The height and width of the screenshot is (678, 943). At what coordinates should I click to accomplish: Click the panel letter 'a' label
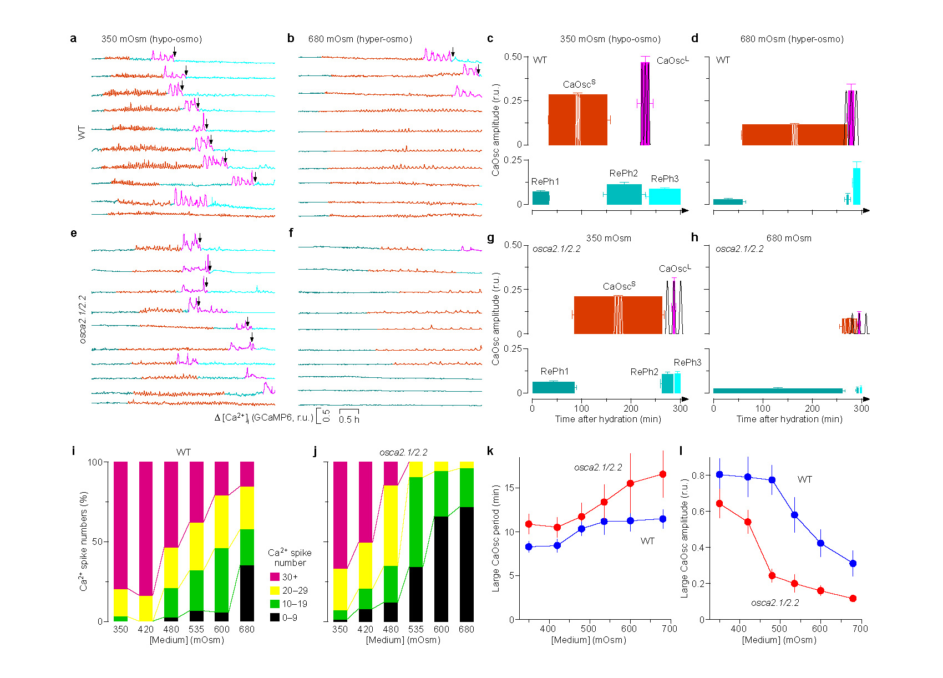(x=73, y=39)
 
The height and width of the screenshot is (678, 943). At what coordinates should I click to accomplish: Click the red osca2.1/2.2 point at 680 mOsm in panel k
(x=663, y=474)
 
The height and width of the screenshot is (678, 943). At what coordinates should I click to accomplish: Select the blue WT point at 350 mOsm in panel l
(x=719, y=474)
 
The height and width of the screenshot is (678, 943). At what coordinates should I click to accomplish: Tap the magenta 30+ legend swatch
(x=275, y=577)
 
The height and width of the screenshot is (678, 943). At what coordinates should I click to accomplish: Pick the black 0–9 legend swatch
(x=275, y=618)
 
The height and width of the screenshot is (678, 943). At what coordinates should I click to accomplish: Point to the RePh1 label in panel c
(x=545, y=181)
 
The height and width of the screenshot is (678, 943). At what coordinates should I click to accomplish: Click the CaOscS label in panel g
(x=619, y=286)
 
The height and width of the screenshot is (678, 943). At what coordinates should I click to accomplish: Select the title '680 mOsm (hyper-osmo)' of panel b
(x=360, y=39)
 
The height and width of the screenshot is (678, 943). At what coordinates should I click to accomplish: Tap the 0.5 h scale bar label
(x=349, y=420)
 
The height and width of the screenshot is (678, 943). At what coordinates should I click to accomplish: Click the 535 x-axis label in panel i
(x=196, y=629)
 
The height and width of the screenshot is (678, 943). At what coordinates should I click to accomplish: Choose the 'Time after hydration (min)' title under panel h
(x=789, y=419)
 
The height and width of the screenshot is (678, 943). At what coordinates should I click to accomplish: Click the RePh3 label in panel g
(x=687, y=362)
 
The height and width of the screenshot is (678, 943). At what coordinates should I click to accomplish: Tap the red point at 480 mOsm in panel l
(x=772, y=576)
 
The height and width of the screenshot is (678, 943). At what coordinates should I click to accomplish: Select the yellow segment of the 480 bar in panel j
(x=391, y=525)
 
